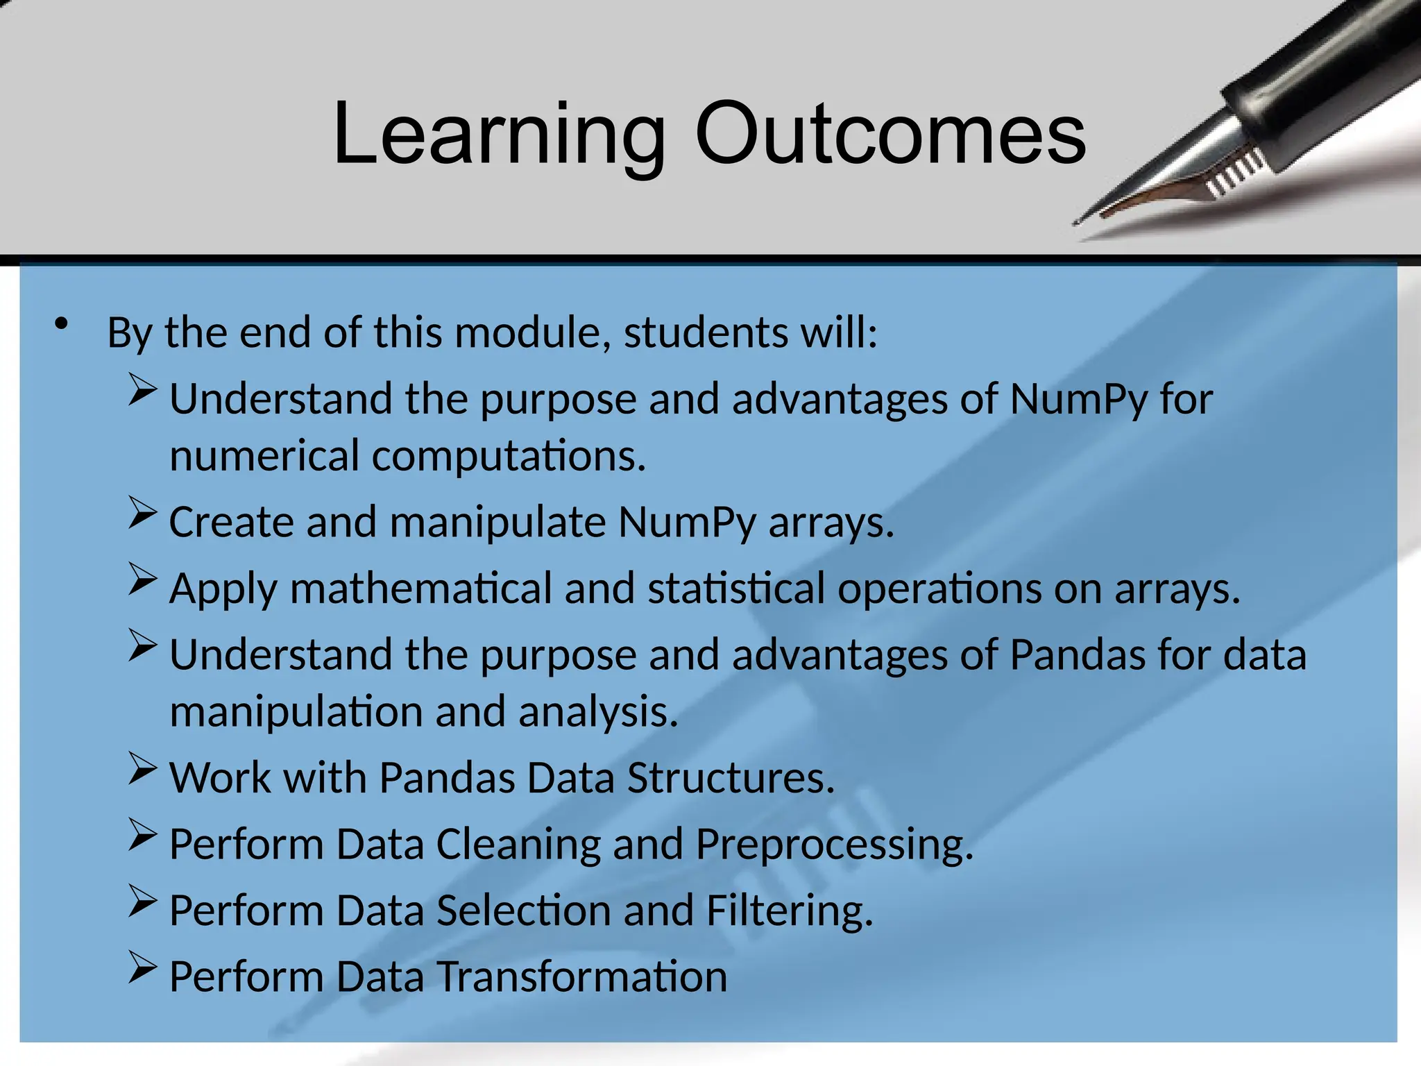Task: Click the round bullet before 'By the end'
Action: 62,324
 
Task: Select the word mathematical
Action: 420,589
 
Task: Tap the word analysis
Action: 597,712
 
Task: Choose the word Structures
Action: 731,777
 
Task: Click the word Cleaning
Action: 518,844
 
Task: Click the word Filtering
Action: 789,911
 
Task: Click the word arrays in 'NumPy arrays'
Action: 831,523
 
